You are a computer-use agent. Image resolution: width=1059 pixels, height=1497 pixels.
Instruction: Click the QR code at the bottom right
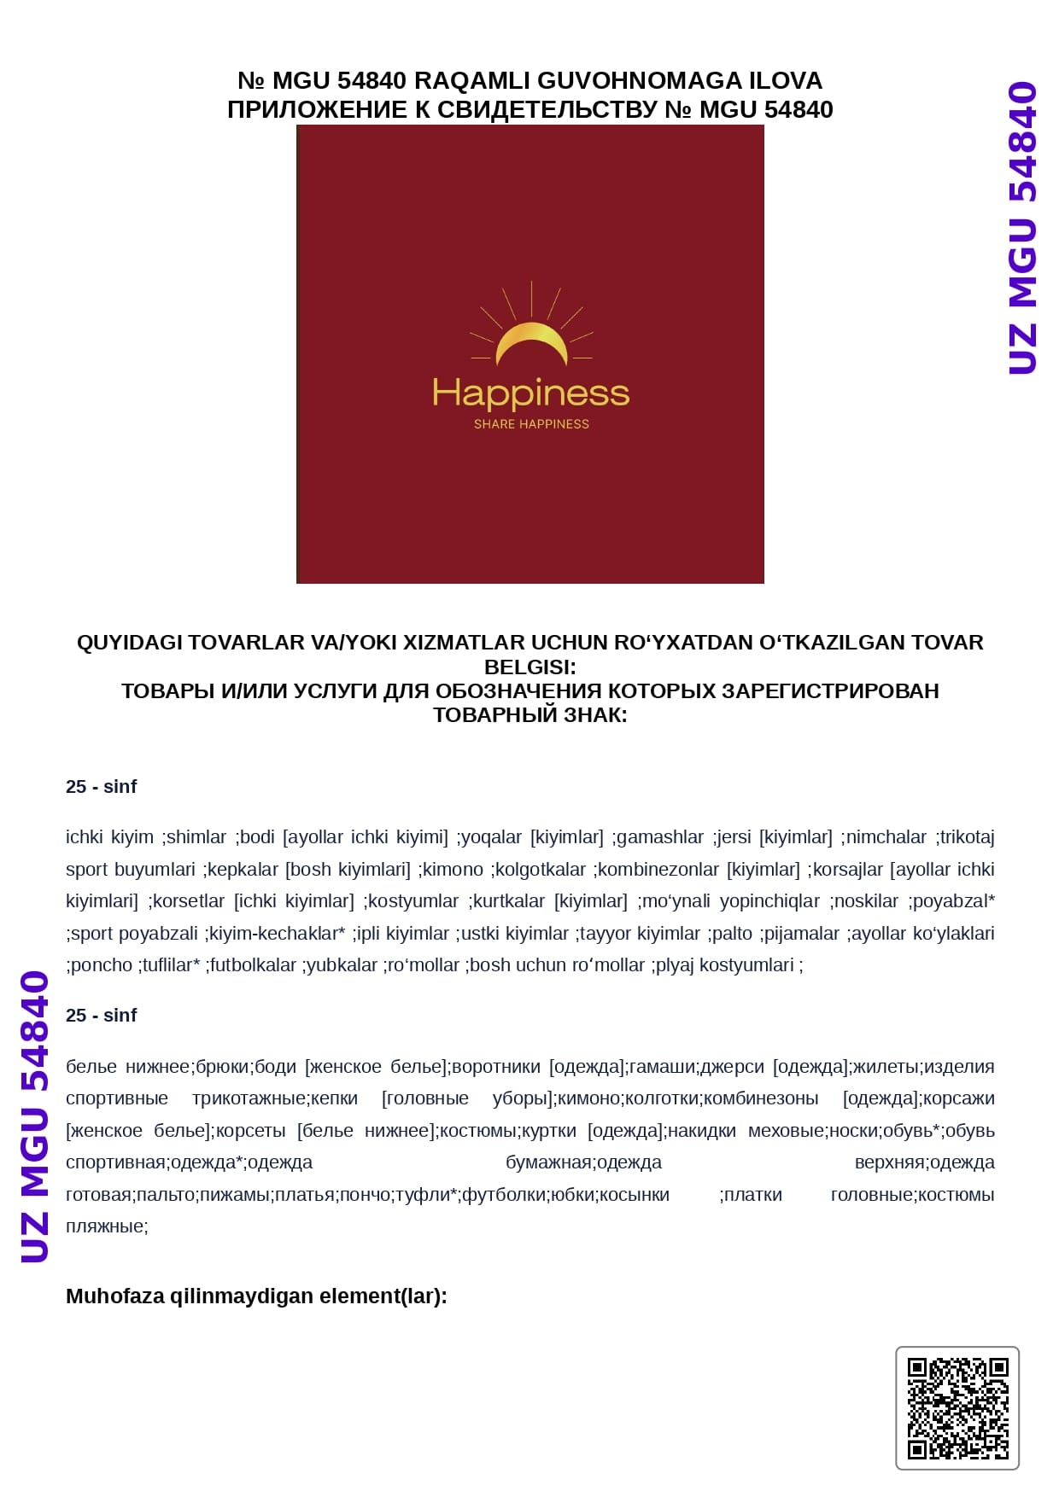[957, 1408]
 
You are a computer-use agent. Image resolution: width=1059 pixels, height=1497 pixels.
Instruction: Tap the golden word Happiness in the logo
[530, 394]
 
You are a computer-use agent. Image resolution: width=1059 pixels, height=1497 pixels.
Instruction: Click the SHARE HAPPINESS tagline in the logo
[531, 424]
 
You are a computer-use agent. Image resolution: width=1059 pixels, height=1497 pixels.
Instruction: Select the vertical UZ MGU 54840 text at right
[1022, 228]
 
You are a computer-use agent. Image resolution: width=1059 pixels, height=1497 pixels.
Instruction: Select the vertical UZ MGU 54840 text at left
[35, 1115]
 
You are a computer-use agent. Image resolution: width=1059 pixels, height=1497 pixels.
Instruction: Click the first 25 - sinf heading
[101, 787]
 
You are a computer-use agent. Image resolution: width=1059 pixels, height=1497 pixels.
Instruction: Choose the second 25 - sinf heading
[101, 1016]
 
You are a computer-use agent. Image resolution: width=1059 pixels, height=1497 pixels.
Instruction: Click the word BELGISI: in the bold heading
[529, 667]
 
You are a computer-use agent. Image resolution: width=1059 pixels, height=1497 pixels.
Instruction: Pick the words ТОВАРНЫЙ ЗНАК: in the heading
[529, 715]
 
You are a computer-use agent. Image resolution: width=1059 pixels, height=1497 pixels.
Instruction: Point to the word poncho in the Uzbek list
[102, 965]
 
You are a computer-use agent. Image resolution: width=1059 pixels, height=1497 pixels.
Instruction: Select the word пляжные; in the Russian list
[107, 1226]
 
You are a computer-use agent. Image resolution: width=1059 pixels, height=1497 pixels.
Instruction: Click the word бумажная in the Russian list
[547, 1162]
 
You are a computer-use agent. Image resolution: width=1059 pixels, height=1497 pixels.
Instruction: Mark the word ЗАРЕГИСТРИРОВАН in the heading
[830, 690]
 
